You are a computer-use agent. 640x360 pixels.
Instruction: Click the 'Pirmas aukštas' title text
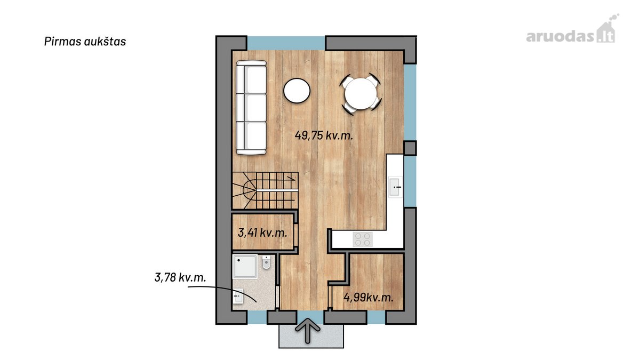(85, 42)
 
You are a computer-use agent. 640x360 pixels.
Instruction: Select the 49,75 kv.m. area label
(324, 135)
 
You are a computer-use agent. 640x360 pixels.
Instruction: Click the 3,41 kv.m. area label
(262, 233)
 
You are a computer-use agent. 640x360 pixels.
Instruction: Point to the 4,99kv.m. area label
(369, 298)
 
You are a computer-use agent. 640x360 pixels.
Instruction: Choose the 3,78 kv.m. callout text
(180, 277)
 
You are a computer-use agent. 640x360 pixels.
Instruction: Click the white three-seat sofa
(251, 107)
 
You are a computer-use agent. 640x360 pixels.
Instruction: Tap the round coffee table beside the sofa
(297, 91)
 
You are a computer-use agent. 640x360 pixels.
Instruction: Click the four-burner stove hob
(363, 239)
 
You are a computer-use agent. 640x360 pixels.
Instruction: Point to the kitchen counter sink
(395, 187)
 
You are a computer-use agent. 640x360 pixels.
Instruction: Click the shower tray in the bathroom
(245, 267)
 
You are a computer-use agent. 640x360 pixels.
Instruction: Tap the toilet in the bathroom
(266, 262)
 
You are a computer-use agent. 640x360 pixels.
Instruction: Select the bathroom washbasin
(238, 297)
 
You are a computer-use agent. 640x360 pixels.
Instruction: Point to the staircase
(266, 190)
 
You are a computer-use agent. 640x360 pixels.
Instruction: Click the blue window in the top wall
(286, 43)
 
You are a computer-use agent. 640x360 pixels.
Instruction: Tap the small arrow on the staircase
(291, 178)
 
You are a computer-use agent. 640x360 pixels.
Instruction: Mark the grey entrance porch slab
(311, 337)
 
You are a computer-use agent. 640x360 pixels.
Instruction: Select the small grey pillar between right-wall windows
(410, 148)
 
